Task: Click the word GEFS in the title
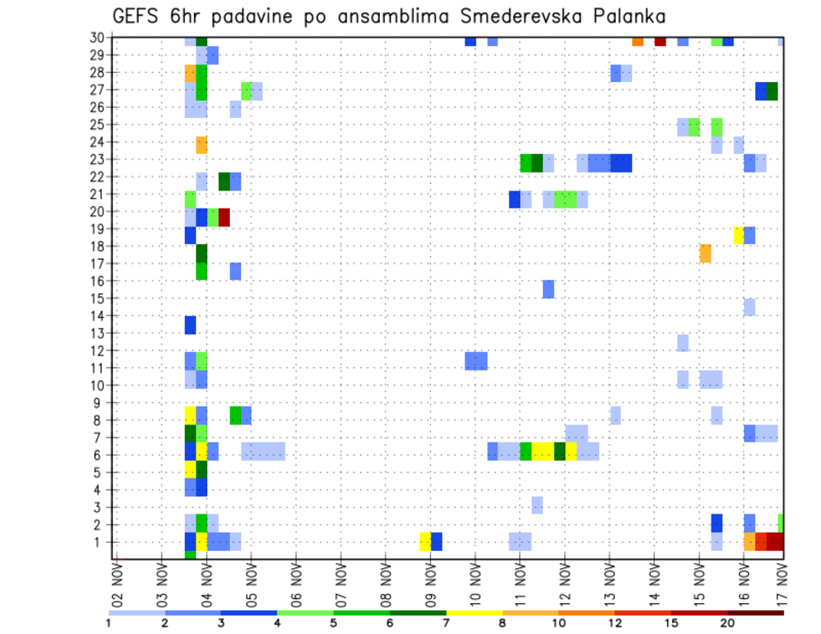click(133, 17)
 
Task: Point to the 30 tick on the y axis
click(99, 38)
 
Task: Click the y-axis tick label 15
click(99, 298)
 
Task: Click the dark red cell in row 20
click(224, 217)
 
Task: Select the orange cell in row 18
click(706, 253)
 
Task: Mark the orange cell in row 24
click(202, 144)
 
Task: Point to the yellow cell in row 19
click(739, 235)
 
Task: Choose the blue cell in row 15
click(548, 289)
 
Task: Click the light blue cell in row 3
click(537, 505)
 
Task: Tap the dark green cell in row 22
click(224, 181)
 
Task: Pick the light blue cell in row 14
click(749, 307)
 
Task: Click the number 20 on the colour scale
click(728, 623)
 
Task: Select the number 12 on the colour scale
click(615, 623)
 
